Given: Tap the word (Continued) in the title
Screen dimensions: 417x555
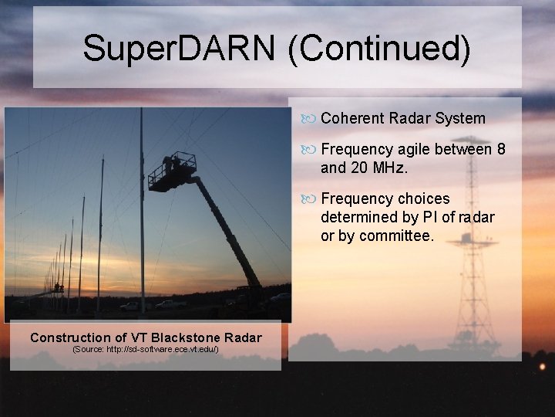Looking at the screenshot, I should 378,48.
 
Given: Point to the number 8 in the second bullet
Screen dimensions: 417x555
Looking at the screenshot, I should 501,149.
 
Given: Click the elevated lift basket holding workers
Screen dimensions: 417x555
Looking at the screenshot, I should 173,171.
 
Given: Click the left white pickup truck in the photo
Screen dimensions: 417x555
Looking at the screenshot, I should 130,306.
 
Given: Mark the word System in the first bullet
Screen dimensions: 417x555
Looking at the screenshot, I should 460,118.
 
